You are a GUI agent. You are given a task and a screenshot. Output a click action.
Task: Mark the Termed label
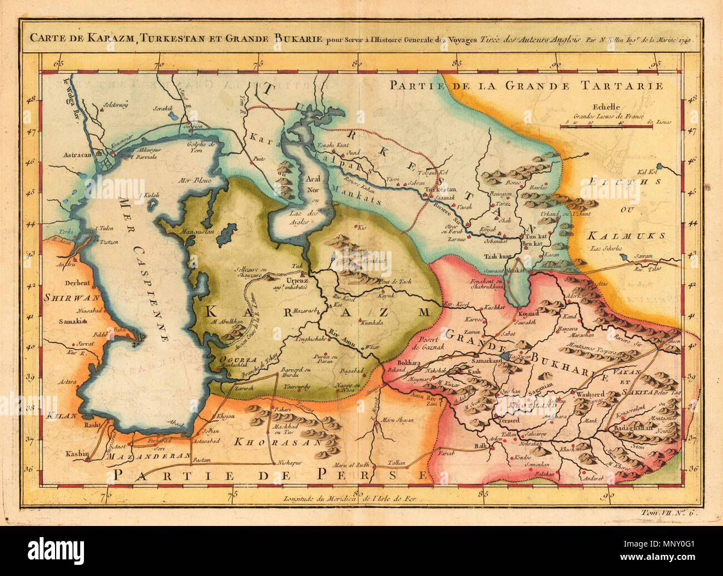click(506, 420)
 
